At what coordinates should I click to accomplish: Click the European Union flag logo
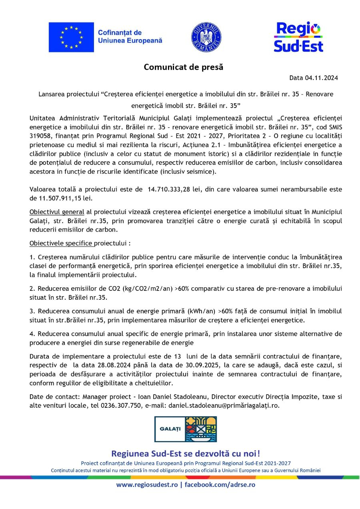coord(71,37)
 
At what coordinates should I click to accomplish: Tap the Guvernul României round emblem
coord(206,37)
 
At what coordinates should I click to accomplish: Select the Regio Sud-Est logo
coord(298,37)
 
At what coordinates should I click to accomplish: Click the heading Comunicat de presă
coord(184,67)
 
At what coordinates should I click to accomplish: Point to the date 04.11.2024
coord(322,78)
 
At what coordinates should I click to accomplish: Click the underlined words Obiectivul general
coord(57,212)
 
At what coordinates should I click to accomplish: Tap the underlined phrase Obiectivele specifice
coord(61,243)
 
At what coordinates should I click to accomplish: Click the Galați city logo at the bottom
coord(186,429)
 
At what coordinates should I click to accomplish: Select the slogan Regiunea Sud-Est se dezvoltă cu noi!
coord(186,453)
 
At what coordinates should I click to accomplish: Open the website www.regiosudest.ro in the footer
coord(147,485)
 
